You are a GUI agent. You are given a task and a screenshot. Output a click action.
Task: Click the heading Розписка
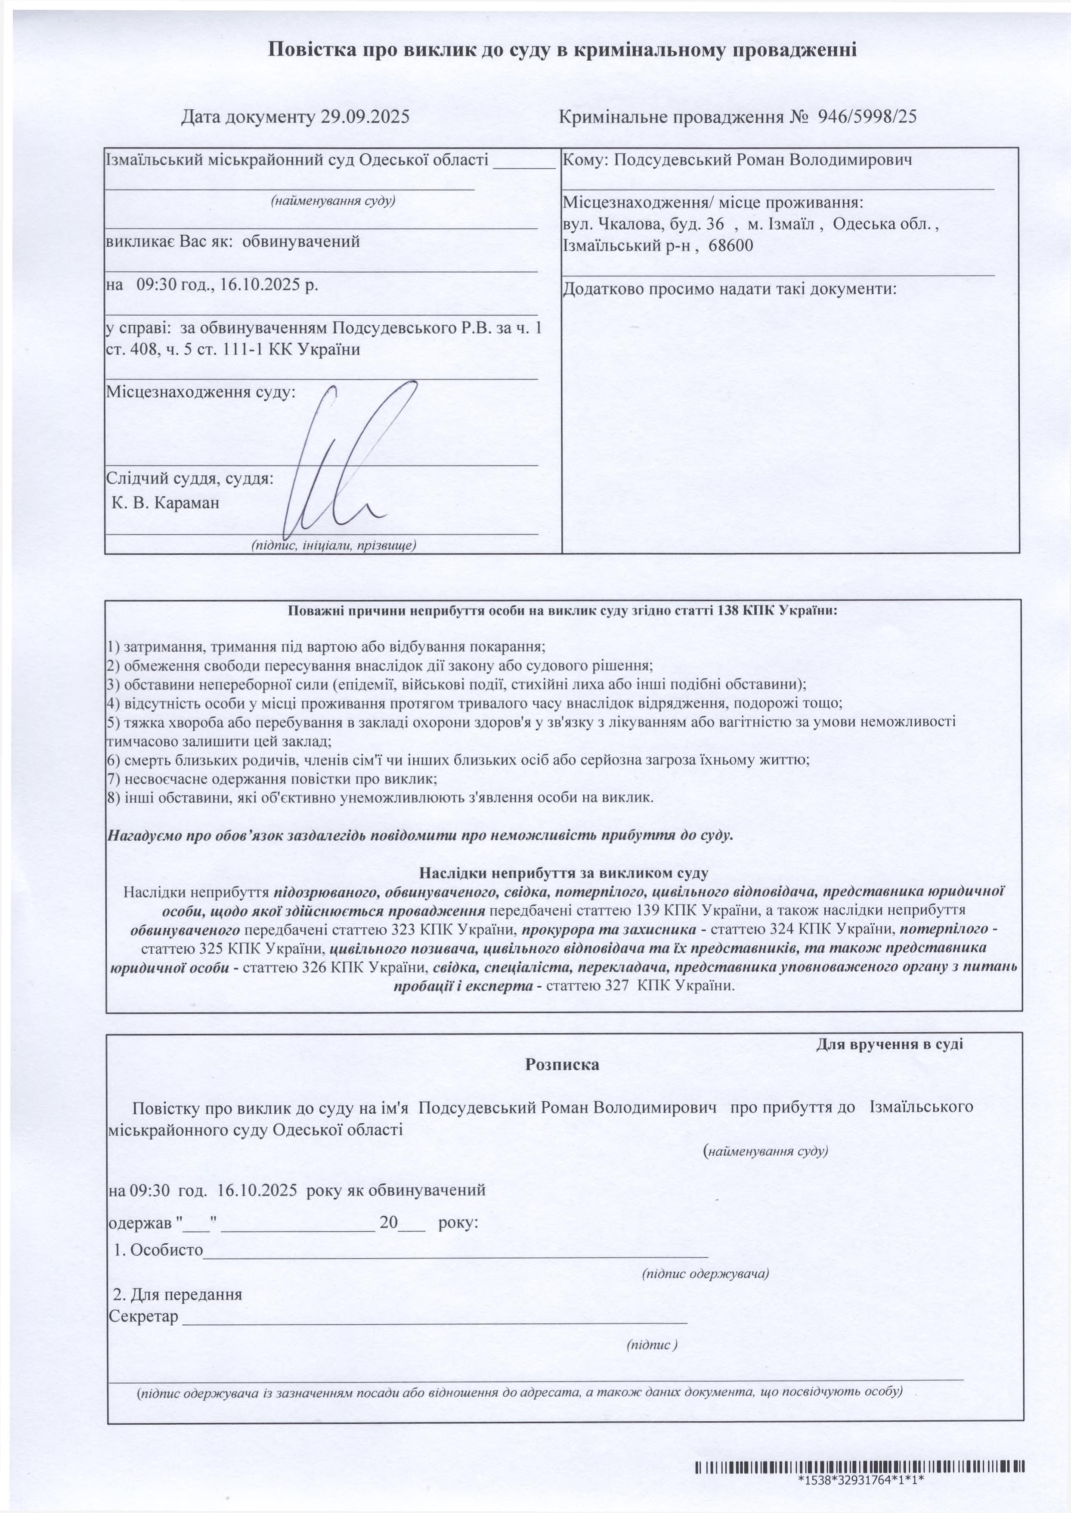(x=562, y=1064)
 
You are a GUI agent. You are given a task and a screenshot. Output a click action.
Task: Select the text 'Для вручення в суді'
(x=889, y=1044)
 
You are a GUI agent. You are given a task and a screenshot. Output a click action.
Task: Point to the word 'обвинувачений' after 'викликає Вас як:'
(x=301, y=242)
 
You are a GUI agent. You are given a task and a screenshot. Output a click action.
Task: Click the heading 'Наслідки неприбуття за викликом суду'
(x=564, y=873)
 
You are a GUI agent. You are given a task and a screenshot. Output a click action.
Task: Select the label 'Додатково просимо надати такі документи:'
(x=729, y=289)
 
